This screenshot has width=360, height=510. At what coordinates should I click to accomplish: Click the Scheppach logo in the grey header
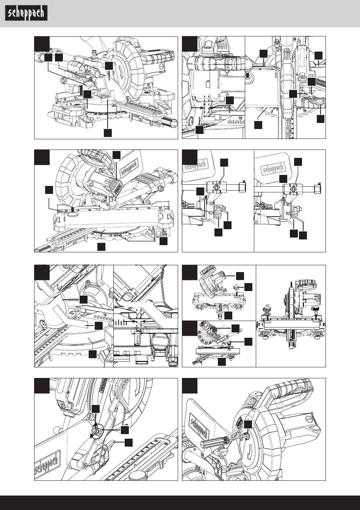[x=26, y=14]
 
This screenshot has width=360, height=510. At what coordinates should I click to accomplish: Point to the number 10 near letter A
[x=239, y=119]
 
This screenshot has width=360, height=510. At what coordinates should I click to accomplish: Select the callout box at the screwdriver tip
[x=248, y=425]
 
